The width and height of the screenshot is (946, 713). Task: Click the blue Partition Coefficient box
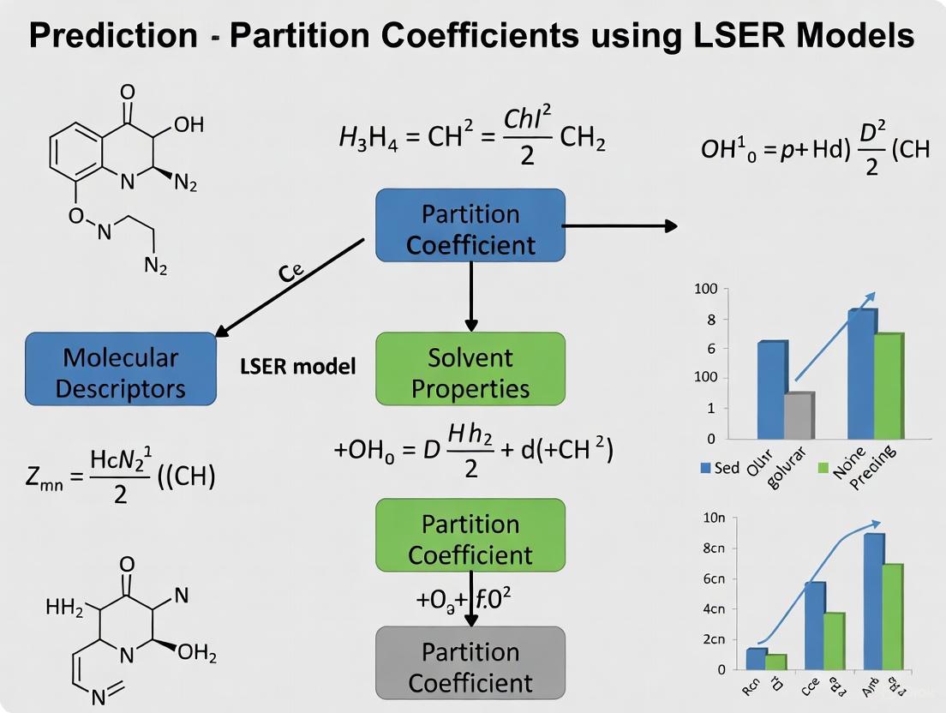tap(470, 225)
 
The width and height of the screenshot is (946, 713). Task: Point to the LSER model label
tap(297, 366)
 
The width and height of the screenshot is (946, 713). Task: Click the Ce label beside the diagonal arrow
tap(290, 273)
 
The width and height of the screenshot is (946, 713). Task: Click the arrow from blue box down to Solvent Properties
tap(470, 297)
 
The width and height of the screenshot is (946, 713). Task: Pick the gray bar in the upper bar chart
tap(799, 416)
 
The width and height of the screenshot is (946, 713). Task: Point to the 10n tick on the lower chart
tap(713, 518)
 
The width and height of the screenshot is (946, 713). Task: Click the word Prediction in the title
tap(113, 36)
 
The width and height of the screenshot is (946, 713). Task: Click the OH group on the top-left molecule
tap(188, 125)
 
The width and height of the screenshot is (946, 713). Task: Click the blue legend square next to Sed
tap(706, 468)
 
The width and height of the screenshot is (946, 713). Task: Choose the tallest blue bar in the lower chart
tap(874, 601)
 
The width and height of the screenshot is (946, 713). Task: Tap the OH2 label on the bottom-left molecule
tap(196, 655)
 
